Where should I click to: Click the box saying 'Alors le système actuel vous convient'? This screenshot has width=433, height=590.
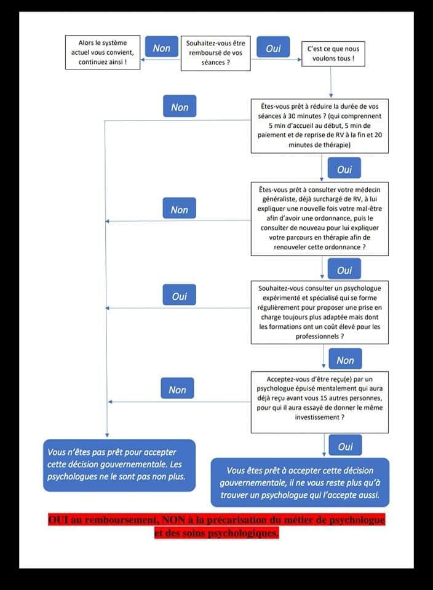(x=103, y=52)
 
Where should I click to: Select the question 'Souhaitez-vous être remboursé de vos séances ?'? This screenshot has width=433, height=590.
(x=216, y=53)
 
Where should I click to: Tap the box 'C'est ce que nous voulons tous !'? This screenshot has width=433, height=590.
(x=333, y=54)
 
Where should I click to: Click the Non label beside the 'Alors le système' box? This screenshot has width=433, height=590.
(x=162, y=47)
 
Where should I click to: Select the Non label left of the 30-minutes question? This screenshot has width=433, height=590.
(x=180, y=106)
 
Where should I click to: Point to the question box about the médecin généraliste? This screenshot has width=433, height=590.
(x=320, y=219)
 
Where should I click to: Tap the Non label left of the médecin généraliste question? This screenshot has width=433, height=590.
(x=179, y=208)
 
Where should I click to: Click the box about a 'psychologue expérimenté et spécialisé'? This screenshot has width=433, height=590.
(x=320, y=312)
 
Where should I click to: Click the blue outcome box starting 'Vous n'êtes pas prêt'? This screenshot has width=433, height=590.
(x=119, y=465)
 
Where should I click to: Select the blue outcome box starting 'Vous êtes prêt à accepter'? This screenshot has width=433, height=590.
(x=300, y=482)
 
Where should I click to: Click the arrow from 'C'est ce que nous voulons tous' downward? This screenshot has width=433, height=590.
(x=330, y=82)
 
